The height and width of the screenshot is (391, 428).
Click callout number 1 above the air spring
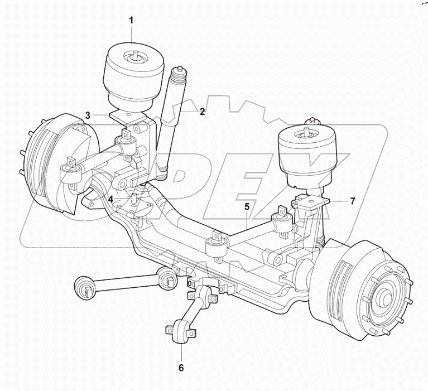point(131,21)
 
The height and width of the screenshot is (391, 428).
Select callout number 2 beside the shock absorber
point(202,111)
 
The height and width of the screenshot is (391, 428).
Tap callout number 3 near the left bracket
point(88,115)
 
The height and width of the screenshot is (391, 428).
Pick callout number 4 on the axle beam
point(111,199)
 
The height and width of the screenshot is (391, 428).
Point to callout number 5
point(246,206)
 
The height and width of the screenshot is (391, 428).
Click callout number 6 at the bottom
point(181,368)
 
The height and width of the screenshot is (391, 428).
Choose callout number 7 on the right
point(352,201)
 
